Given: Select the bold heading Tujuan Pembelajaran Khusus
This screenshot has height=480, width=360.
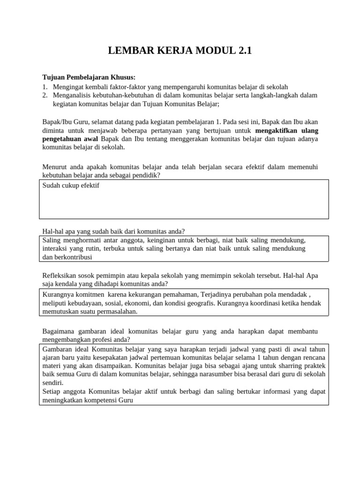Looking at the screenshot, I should point(89,77).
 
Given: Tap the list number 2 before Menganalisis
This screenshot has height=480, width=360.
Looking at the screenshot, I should point(45,95).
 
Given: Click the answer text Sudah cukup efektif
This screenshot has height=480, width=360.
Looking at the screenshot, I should point(71,186).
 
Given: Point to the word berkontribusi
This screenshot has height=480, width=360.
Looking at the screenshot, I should point(73,257).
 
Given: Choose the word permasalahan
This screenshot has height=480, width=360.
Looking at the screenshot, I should point(117,312).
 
